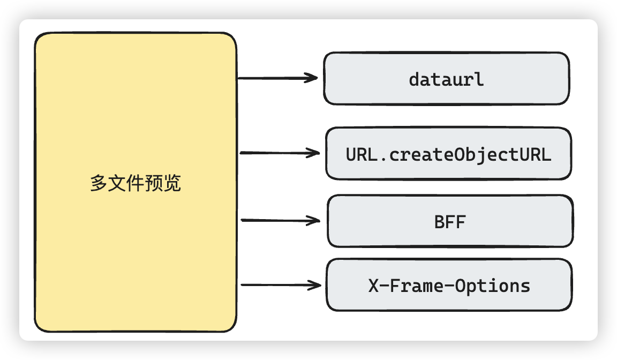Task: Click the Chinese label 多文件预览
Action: (x=136, y=184)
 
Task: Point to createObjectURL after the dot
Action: (x=470, y=155)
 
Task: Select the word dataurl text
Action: (x=446, y=79)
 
